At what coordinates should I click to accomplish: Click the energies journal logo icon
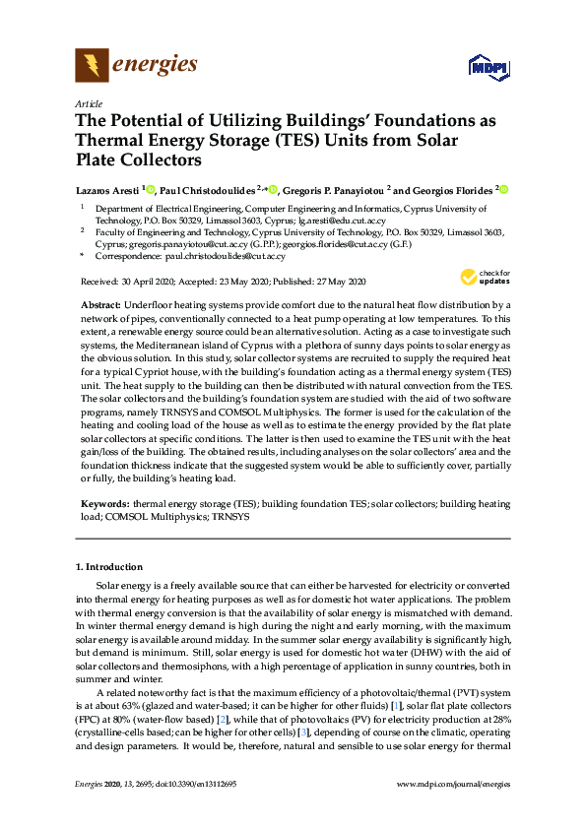[x=92, y=66]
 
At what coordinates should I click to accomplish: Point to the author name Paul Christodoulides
[x=205, y=189]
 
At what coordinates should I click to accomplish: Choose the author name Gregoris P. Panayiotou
[x=329, y=189]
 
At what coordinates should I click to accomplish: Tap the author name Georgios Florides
[x=448, y=189]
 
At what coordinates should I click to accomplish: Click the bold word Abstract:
[x=99, y=306]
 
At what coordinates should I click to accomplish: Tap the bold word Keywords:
[x=104, y=502]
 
